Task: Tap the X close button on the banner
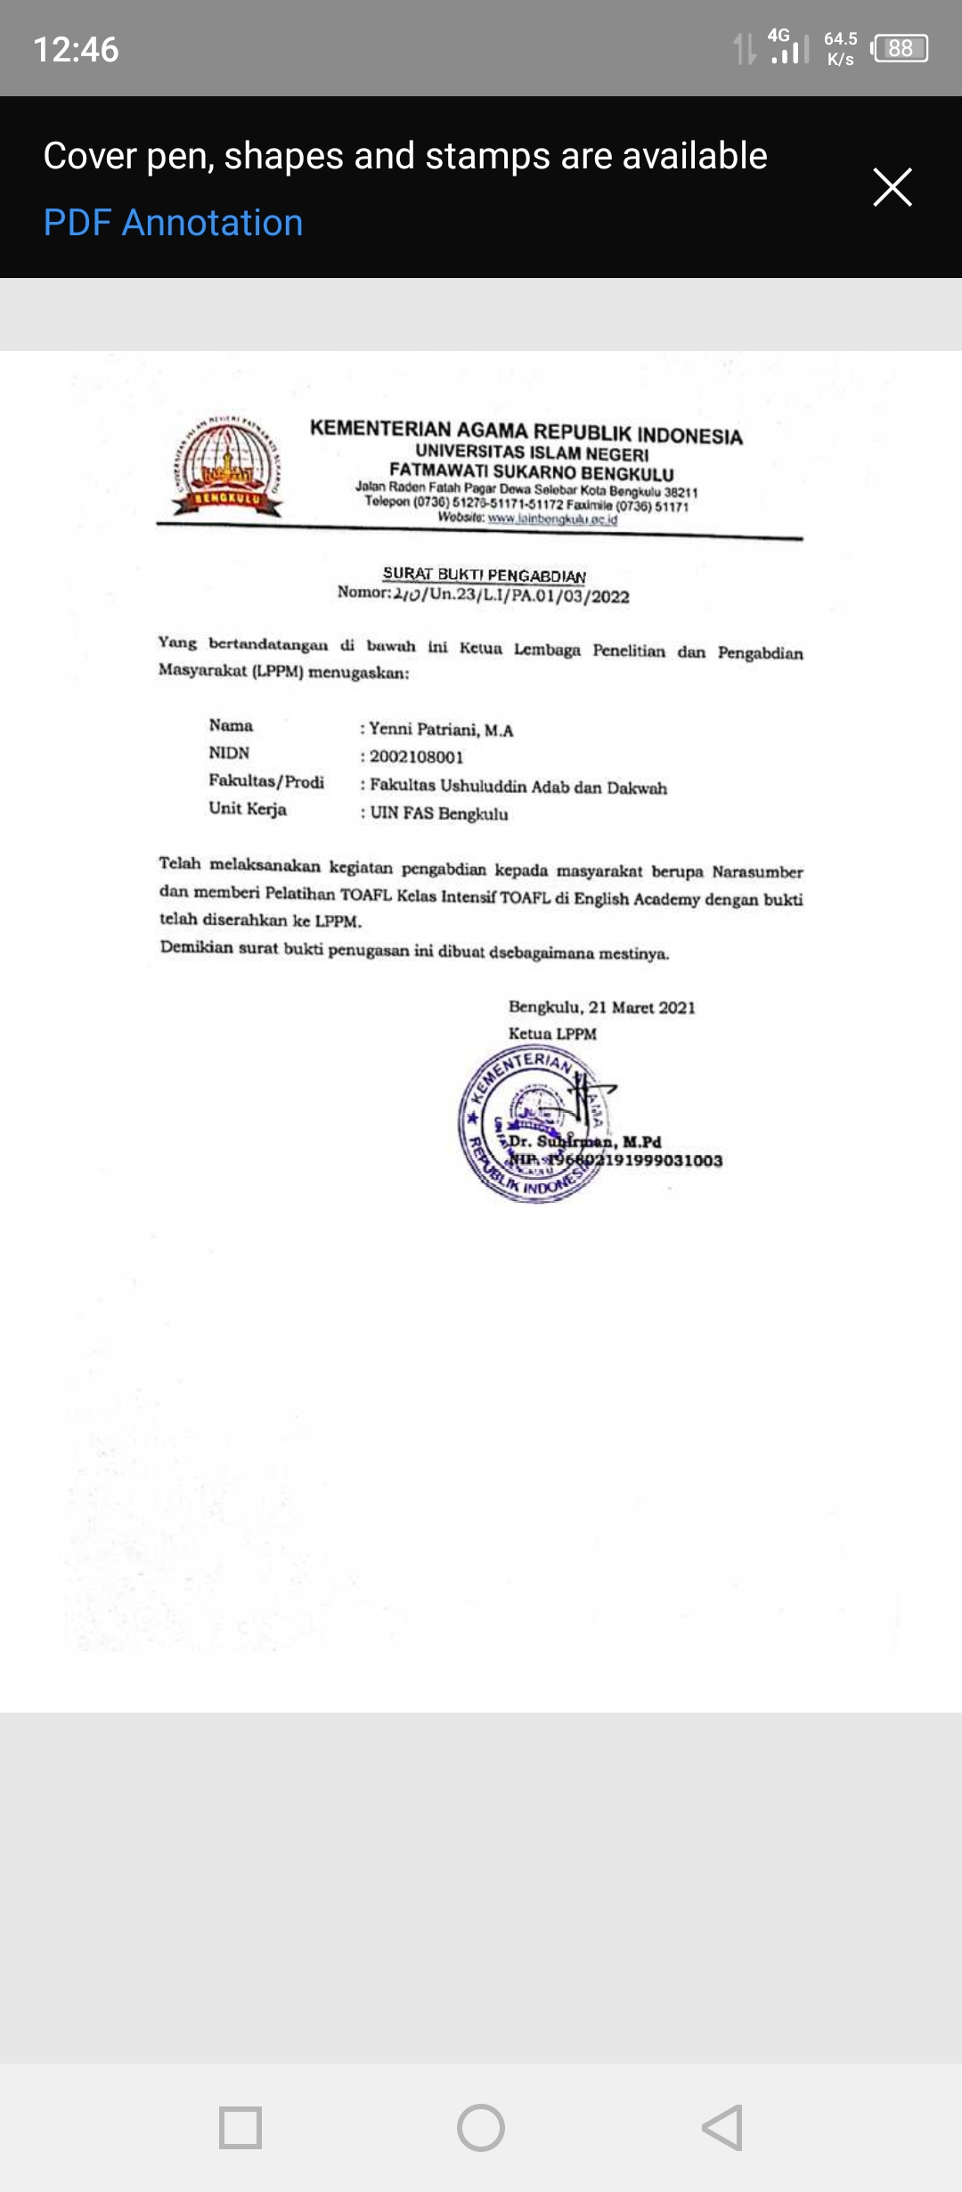point(892,187)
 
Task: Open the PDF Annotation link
point(173,223)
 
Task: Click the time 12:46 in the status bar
point(76,49)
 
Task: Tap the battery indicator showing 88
point(900,48)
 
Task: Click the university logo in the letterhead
point(227,466)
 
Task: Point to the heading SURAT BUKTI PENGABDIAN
point(484,575)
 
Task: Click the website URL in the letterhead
point(552,519)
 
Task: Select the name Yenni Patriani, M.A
point(441,730)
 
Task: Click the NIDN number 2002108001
point(416,757)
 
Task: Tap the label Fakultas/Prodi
point(266,781)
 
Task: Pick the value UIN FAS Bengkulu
point(438,814)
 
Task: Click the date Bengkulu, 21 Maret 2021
point(601,1007)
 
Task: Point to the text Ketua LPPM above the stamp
point(552,1034)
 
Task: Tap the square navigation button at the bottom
point(240,2128)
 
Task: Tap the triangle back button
point(722,2128)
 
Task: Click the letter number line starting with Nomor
point(483,594)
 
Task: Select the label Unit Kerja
point(248,809)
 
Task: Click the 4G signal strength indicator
point(787,47)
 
